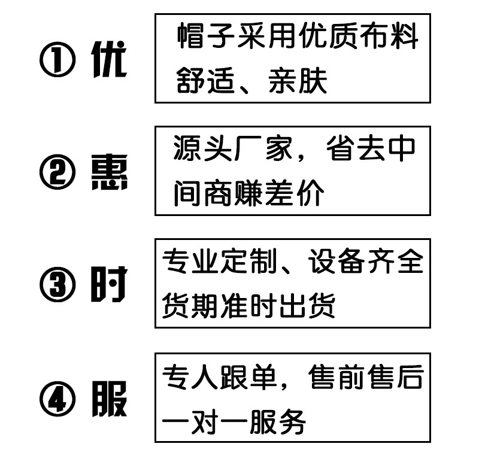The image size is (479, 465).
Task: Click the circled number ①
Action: click(x=58, y=62)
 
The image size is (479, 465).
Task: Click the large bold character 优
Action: click(x=110, y=61)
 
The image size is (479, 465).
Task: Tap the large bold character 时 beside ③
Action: click(x=110, y=285)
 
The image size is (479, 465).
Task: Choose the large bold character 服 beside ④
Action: click(x=110, y=399)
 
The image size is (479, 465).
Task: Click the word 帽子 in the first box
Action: click(x=207, y=37)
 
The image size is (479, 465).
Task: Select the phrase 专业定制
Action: click(x=222, y=262)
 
